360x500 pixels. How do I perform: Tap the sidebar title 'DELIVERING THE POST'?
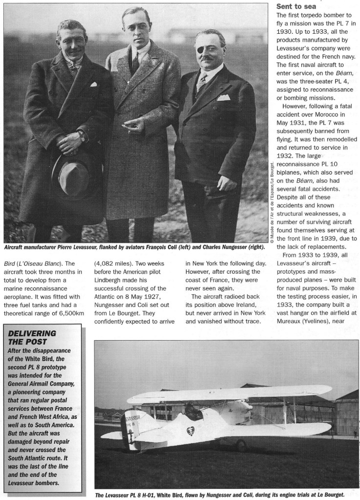32,338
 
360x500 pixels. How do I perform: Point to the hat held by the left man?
73,172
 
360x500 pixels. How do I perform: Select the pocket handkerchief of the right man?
223,97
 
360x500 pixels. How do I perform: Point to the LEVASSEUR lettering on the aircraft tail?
132,418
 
